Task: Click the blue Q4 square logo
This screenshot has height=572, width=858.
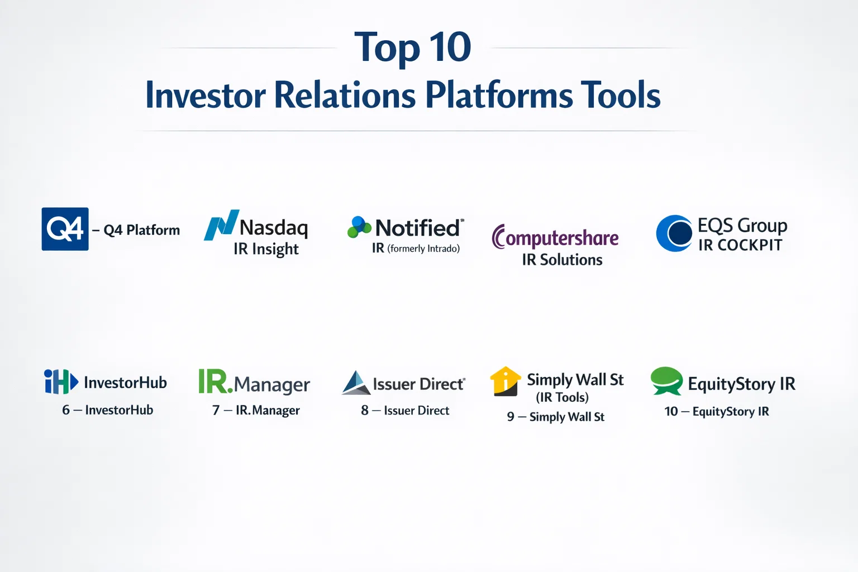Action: click(65, 229)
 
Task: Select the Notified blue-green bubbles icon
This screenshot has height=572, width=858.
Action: click(359, 227)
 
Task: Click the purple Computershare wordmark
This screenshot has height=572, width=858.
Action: click(555, 237)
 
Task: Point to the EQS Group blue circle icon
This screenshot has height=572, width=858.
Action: click(674, 233)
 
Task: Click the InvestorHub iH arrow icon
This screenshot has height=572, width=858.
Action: click(61, 382)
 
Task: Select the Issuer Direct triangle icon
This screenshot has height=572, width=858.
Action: click(356, 382)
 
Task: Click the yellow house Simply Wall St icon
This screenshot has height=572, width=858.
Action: click(506, 381)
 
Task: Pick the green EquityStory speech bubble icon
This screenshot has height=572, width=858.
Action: click(666, 381)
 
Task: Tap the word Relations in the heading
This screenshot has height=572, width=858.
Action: click(345, 95)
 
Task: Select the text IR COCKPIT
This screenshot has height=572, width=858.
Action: click(740, 245)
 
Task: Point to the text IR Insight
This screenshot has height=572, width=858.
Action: click(266, 249)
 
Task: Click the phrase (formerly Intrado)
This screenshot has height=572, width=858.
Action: click(423, 249)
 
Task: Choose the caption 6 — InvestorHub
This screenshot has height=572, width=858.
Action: click(108, 410)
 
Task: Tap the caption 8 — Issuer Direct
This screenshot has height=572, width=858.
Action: click(405, 411)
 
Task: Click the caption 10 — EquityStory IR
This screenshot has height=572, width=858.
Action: click(717, 412)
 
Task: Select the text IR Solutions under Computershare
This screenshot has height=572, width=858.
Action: click(562, 260)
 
